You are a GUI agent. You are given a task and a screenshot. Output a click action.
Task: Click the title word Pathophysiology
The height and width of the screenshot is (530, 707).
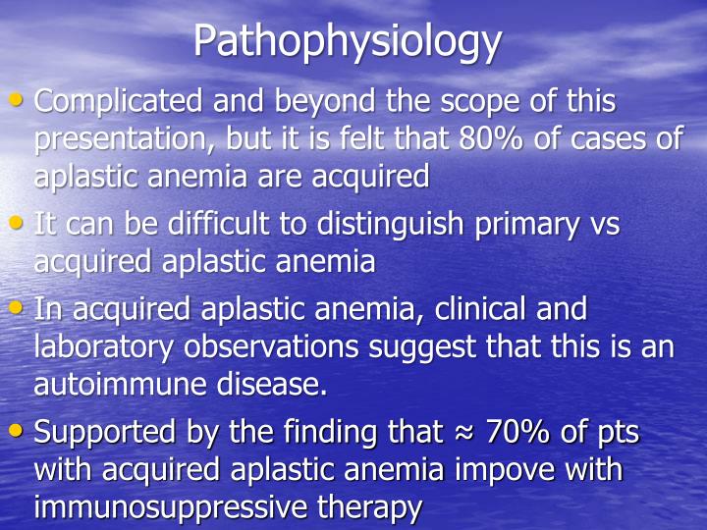click(x=348, y=40)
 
